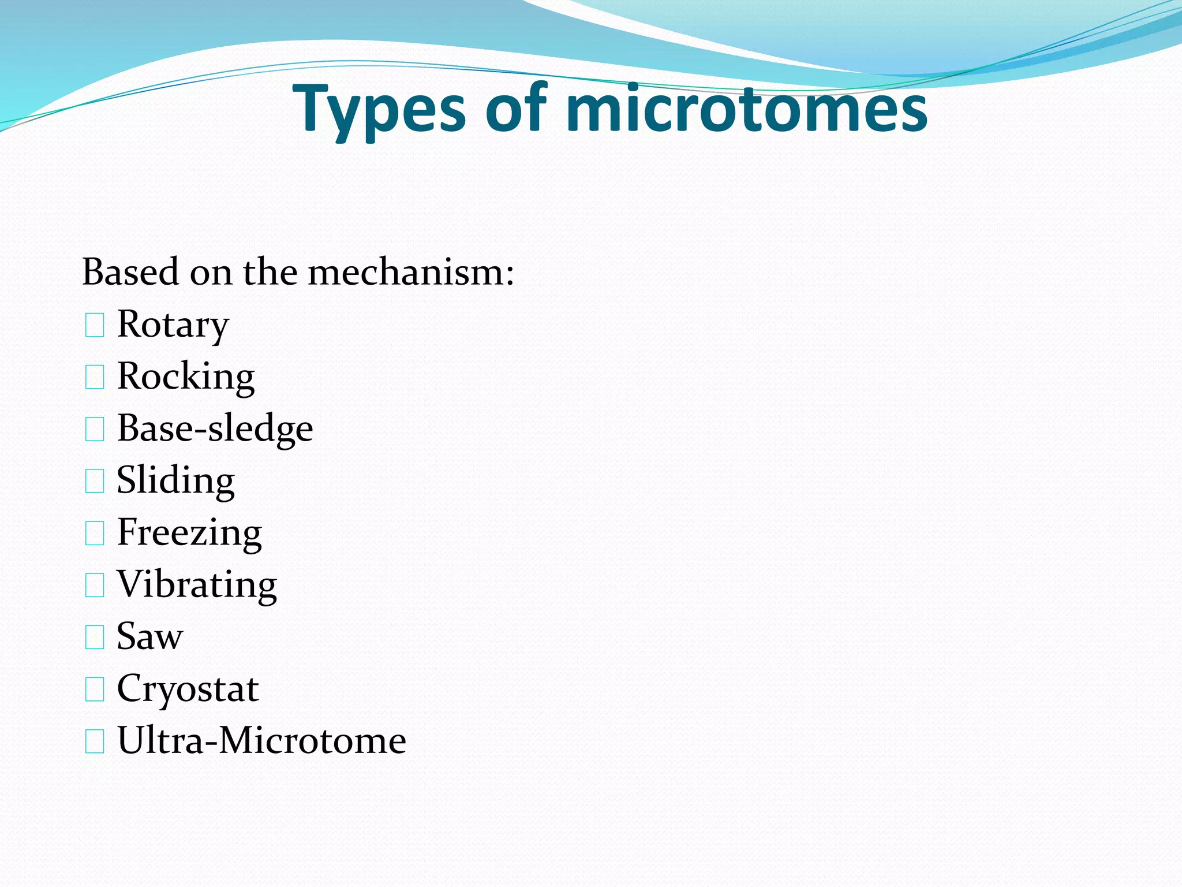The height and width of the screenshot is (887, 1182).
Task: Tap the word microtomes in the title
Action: click(747, 109)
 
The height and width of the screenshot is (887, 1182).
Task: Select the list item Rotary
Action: click(173, 325)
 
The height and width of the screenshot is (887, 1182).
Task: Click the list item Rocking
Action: click(186, 377)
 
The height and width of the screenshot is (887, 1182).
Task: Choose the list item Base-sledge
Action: click(215, 428)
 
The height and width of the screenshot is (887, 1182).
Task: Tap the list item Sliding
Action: click(176, 480)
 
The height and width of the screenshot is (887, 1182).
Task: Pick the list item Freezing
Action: click(189, 532)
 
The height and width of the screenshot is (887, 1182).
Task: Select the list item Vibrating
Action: click(197, 584)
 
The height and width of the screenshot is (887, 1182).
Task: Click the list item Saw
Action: click(150, 636)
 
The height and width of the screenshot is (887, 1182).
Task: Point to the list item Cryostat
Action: click(188, 688)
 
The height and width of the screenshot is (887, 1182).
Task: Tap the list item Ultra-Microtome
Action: click(261, 740)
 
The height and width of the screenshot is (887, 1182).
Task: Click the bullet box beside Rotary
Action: click(95, 326)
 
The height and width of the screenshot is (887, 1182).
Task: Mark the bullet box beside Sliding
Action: click(95, 482)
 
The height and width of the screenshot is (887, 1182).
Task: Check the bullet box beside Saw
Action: click(95, 638)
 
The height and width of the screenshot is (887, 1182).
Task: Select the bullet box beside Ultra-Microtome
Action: click(95, 741)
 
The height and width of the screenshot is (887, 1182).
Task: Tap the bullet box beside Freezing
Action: click(95, 534)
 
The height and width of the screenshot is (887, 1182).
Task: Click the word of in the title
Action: click(515, 109)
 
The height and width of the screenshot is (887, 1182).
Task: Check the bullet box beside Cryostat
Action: click(95, 690)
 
